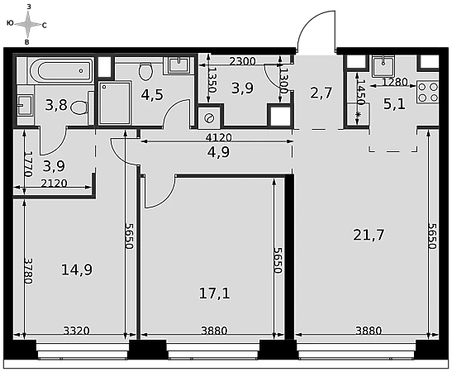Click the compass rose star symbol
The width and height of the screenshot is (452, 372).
[27, 25]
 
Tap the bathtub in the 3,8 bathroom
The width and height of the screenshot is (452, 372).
[61, 70]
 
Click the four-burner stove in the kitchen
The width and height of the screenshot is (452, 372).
[428, 93]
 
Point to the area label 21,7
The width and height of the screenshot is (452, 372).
[369, 236]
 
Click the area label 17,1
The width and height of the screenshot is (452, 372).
[215, 293]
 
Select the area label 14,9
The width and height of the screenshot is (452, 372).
[77, 270]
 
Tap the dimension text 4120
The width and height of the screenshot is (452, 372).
[218, 137]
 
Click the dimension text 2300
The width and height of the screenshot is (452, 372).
[242, 61]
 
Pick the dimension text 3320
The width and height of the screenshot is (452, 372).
[76, 331]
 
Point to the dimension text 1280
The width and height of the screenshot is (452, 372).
[395, 82]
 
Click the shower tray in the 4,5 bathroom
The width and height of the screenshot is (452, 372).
[115, 103]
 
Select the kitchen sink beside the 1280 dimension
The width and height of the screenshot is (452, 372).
[383, 67]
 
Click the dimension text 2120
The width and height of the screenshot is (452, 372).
[54, 184]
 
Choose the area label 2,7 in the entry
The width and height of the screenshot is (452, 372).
[321, 93]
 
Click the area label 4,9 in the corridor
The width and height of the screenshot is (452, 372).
[218, 152]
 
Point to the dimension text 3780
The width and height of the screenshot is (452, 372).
[28, 271]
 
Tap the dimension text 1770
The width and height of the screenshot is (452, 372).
[28, 164]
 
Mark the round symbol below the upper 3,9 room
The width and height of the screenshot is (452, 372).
[209, 118]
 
